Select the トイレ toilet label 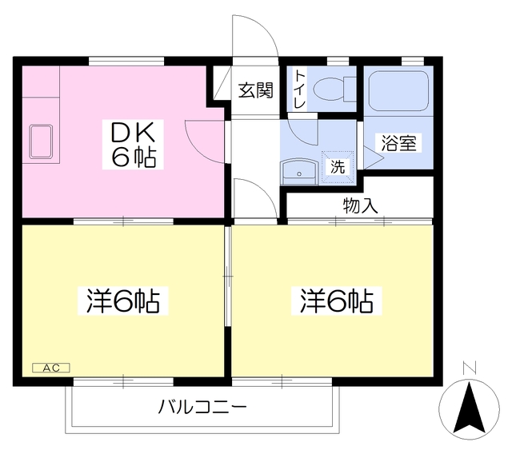[x=299, y=88]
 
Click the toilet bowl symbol [x=331, y=90]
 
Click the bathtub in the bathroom [x=398, y=92]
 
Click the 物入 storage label [x=360, y=205]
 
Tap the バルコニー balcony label [x=202, y=407]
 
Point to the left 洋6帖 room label [x=122, y=301]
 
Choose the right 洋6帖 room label [x=336, y=301]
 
